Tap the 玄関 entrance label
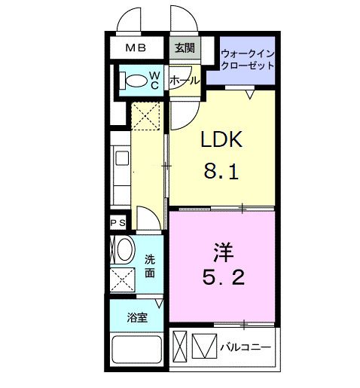[x=184, y=49]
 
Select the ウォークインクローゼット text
[x=247, y=59]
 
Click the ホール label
[x=184, y=80]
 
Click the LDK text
[x=220, y=140]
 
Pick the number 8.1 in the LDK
[x=220, y=173]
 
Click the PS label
[x=118, y=223]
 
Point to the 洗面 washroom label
[x=151, y=265]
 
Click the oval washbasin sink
[x=123, y=249]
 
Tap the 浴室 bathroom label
[x=136, y=317]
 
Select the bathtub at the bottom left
[x=136, y=352]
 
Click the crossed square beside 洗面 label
[x=122, y=280]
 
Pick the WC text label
[x=154, y=79]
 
